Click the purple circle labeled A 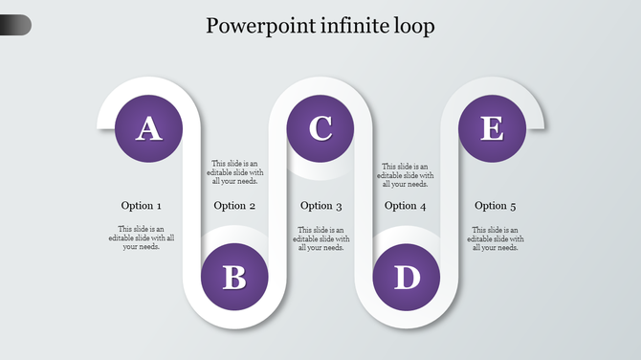[147, 128]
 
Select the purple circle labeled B [234, 278]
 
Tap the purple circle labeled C [320, 127]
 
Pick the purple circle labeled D [408, 278]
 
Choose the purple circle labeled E [492, 128]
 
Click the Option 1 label [142, 206]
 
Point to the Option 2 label [235, 206]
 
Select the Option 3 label [321, 206]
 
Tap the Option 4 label [406, 206]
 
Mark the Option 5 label [496, 206]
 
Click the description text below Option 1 [142, 238]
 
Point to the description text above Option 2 [235, 172]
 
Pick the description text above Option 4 [406, 174]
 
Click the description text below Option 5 [496, 238]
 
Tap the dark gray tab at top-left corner [14, 25]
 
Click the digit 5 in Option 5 [513, 206]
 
